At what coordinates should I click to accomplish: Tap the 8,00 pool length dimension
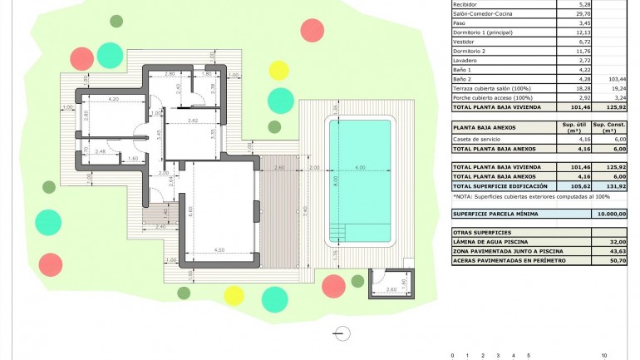tap(336, 180)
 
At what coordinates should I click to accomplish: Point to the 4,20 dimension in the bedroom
tap(114, 99)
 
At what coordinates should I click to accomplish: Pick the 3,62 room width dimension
tap(192, 121)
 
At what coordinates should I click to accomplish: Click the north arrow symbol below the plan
tap(340, 333)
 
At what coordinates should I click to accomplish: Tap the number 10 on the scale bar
tap(603, 355)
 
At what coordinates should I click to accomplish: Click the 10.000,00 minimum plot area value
tap(611, 214)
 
